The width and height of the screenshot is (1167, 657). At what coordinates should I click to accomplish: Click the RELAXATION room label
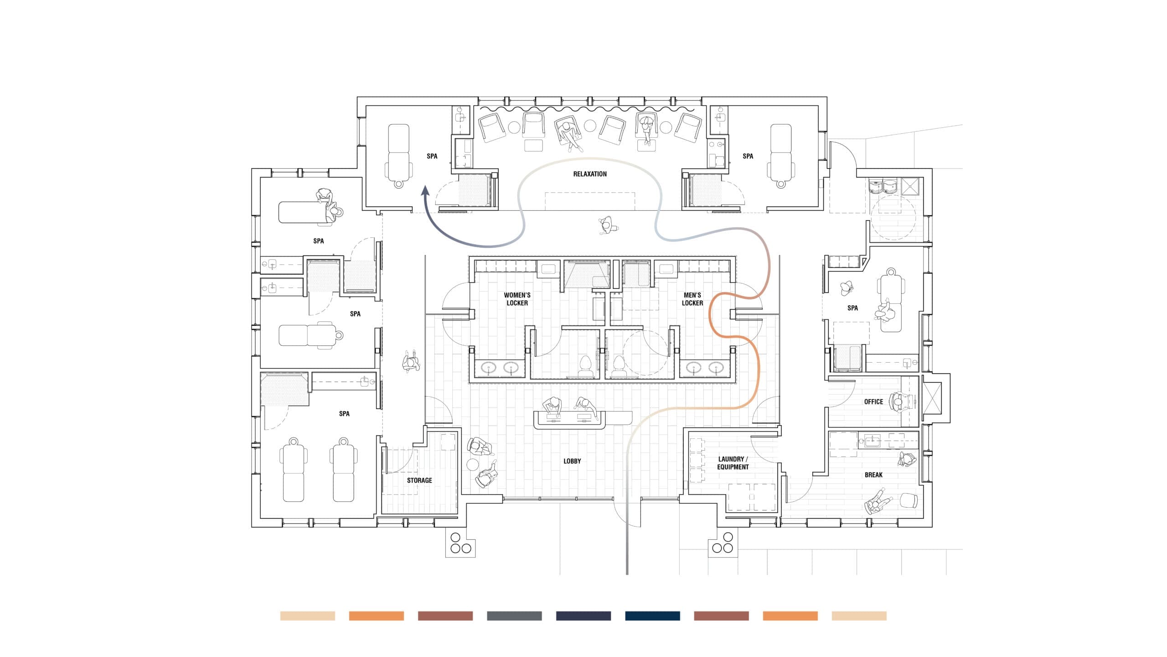[590, 174]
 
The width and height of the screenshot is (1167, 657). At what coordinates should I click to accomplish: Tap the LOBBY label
[572, 461]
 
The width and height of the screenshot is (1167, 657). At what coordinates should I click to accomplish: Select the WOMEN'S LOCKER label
[517, 299]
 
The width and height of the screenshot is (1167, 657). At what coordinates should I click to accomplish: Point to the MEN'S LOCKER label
[692, 299]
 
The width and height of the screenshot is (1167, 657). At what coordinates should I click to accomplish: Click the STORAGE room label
[419, 480]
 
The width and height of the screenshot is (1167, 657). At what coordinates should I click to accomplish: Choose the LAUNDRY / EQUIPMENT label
[733, 463]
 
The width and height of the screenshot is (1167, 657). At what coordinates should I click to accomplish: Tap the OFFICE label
[873, 402]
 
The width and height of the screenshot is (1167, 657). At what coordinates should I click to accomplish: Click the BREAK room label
[873, 475]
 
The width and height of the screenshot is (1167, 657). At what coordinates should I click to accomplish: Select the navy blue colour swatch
[652, 616]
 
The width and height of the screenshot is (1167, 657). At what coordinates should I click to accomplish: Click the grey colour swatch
[514, 616]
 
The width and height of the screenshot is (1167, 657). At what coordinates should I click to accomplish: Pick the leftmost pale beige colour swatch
[308, 616]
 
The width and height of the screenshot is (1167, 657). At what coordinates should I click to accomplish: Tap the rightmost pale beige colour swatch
[859, 616]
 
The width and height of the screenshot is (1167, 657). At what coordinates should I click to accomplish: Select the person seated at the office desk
[898, 402]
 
